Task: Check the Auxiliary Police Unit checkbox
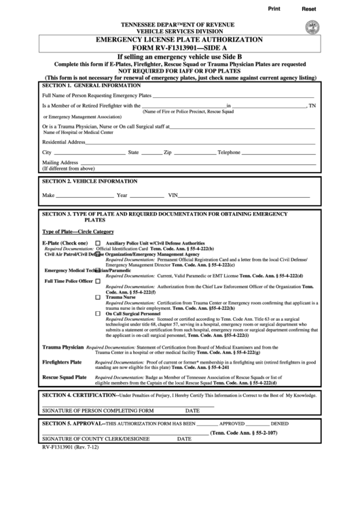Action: [98, 243]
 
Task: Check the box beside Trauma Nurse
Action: [98, 298]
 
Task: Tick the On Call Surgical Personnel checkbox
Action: [98, 313]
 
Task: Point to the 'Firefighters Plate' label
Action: [62, 362]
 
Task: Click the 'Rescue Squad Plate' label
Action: [65, 376]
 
